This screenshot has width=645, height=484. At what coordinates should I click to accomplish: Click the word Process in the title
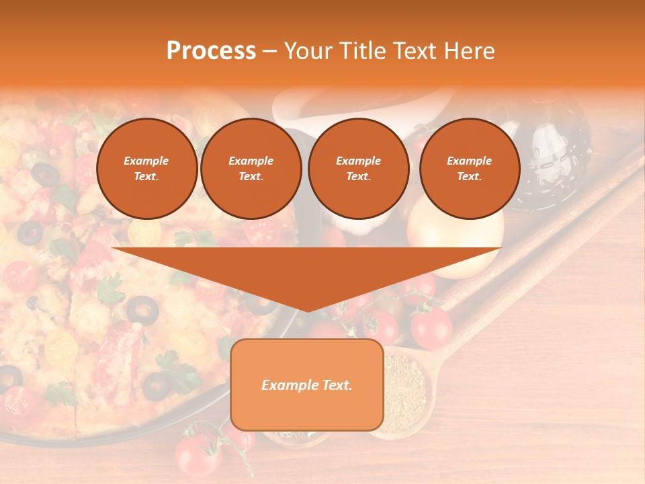(x=211, y=51)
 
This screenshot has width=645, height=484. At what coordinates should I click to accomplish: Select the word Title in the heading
(x=363, y=51)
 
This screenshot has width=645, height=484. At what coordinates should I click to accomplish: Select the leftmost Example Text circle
(x=146, y=169)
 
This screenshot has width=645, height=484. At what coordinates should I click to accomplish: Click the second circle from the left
(x=251, y=169)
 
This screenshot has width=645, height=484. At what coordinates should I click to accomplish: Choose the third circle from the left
(x=358, y=169)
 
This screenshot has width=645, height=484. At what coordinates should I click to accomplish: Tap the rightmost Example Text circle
(x=469, y=169)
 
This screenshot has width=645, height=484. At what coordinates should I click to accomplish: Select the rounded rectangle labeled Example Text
(x=306, y=385)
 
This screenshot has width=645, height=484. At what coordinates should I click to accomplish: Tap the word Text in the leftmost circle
(x=146, y=177)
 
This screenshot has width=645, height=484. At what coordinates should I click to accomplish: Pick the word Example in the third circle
(x=358, y=161)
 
